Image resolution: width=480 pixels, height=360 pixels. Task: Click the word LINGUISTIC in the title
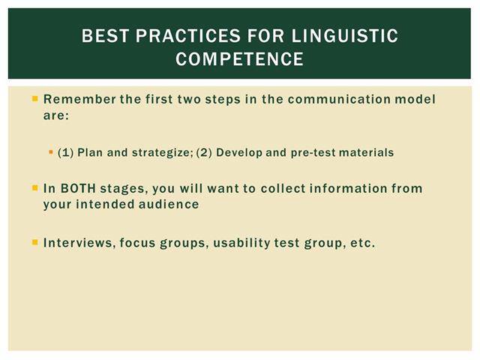coord(345,35)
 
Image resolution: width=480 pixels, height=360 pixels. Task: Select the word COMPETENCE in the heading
coord(240,58)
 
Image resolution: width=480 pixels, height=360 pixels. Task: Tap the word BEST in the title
coord(105,35)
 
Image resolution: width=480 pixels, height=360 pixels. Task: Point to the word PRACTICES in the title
coord(188,35)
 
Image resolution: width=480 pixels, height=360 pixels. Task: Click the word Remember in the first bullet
coord(79,99)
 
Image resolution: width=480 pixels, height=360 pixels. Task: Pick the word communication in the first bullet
coord(339,99)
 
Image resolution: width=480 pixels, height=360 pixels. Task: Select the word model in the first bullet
coord(415,99)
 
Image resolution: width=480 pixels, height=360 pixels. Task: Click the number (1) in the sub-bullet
coord(65,152)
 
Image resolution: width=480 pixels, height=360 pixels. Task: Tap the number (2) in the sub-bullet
coord(204,152)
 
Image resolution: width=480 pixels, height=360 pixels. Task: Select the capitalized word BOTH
coord(78,188)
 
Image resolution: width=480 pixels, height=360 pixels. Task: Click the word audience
coord(169,204)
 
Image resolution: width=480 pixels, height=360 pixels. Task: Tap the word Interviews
coord(79,243)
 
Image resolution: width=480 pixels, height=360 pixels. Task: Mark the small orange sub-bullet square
coord(51,151)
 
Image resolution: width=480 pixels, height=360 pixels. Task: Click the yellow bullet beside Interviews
coord(35,242)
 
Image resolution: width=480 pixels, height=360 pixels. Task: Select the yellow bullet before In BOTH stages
coord(35,187)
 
